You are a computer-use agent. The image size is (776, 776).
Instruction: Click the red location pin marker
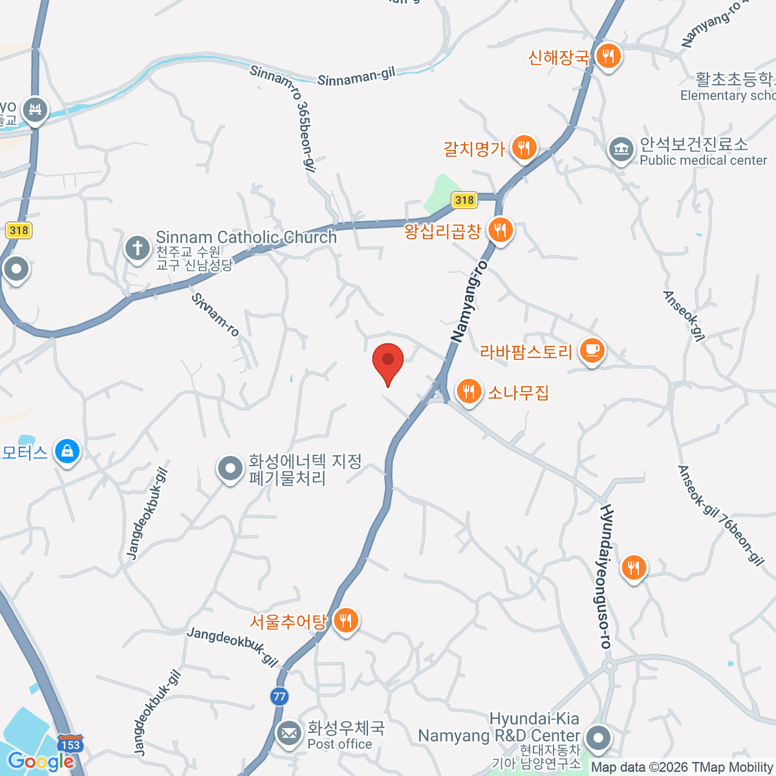click(388, 361)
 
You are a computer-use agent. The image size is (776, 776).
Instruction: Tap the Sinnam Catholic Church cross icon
click(137, 248)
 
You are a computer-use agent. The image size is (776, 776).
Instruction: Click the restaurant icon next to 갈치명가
click(524, 148)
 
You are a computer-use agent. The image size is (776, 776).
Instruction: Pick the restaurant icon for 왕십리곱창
click(500, 230)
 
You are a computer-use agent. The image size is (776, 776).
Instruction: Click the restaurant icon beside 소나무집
click(468, 391)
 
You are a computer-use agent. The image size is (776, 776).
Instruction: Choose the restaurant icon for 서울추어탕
click(347, 621)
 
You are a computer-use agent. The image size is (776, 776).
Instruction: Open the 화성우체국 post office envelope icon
click(288, 734)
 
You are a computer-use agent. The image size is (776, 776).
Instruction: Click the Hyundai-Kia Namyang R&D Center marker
click(598, 738)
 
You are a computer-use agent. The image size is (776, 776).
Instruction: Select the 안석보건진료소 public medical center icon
click(621, 150)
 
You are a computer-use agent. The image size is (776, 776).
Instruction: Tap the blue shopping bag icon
click(67, 451)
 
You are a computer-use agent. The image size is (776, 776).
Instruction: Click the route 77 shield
click(279, 696)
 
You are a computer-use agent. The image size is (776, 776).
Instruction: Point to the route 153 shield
click(70, 744)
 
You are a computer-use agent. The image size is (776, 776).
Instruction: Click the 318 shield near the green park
click(464, 200)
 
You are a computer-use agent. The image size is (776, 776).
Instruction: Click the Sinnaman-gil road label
click(356, 77)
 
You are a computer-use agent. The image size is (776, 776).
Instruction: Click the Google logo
click(41, 761)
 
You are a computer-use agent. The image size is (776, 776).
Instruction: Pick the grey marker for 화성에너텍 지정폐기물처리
click(230, 469)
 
